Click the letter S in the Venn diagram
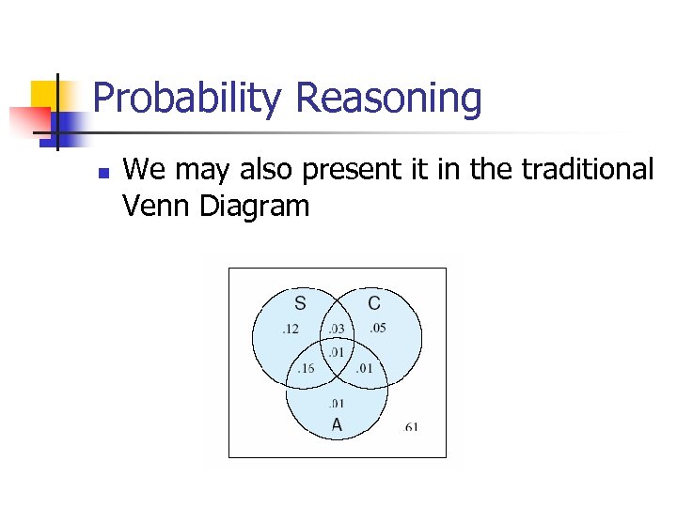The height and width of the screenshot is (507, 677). point(300,303)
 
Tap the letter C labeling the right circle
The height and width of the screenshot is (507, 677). point(374,303)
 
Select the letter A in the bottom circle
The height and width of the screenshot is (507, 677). point(337,424)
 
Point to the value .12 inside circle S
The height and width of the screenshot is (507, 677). point(291,329)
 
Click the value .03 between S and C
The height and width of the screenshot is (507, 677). point(336,329)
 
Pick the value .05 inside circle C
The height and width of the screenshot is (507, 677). point(376,328)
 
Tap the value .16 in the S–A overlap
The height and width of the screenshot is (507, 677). point(305,368)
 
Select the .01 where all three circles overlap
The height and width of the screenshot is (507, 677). point(336,351)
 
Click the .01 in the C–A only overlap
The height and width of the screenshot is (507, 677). point(364,368)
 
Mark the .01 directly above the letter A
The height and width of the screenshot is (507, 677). point(336,404)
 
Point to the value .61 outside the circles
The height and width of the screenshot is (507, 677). point(410,427)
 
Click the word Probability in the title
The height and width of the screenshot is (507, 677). point(188,98)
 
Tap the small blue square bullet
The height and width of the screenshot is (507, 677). point(104,174)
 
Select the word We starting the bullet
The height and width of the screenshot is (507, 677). point(142,169)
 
